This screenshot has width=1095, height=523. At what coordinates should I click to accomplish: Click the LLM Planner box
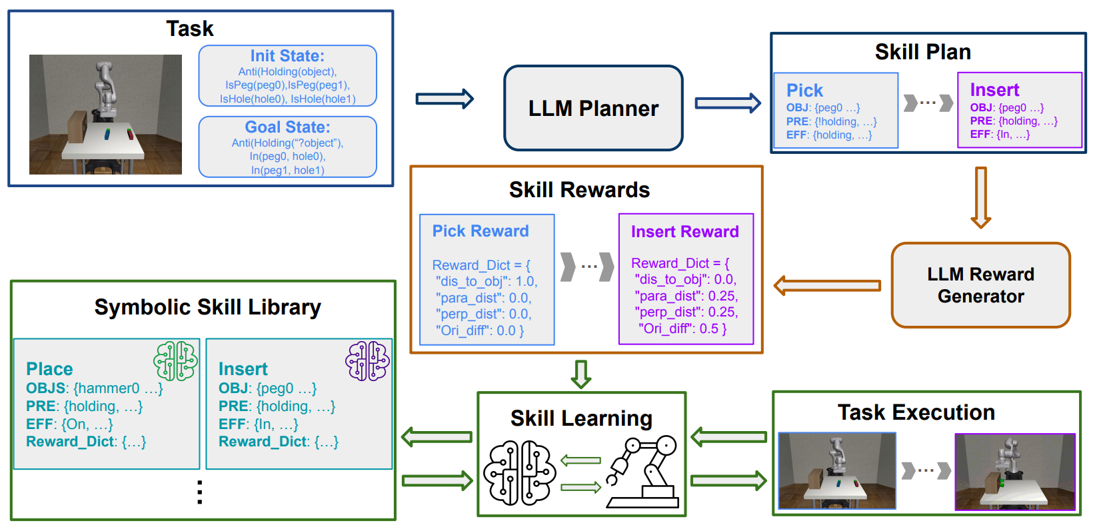pyautogui.click(x=593, y=108)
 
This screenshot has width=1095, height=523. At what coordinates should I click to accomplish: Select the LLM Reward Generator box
pyautogui.click(x=980, y=285)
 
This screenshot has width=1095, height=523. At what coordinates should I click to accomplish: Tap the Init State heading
pyautogui.click(x=287, y=56)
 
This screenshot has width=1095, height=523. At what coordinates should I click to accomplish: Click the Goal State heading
pyautogui.click(x=287, y=127)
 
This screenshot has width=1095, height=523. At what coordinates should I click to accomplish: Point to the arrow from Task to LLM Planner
pyautogui.click(x=445, y=99)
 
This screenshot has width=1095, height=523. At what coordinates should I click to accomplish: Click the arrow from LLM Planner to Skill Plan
pyautogui.click(x=727, y=103)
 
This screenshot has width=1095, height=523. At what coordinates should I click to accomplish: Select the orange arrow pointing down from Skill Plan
pyautogui.click(x=980, y=197)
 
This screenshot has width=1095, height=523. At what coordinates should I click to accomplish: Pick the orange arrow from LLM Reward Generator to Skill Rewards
pyautogui.click(x=826, y=286)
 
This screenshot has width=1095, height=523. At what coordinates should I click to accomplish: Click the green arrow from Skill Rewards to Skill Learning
pyautogui.click(x=581, y=374)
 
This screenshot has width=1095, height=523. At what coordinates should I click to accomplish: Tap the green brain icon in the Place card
pyautogui.click(x=175, y=361)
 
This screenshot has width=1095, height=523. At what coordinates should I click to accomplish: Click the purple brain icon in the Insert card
pyautogui.click(x=367, y=361)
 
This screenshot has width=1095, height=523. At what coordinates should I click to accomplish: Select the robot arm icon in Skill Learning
pyautogui.click(x=642, y=472)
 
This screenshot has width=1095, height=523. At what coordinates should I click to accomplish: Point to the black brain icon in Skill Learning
pyautogui.click(x=519, y=472)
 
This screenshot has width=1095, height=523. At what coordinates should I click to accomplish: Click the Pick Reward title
pyautogui.click(x=481, y=231)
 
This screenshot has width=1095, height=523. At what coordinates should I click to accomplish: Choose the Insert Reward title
pyautogui.click(x=684, y=232)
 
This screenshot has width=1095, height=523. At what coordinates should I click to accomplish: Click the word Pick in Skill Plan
pyautogui.click(x=804, y=91)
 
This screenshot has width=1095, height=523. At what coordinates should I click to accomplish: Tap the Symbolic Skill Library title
pyautogui.click(x=207, y=307)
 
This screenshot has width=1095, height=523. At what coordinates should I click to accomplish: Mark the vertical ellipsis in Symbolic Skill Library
pyautogui.click(x=200, y=492)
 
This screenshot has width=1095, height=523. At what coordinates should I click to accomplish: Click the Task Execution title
pyautogui.click(x=916, y=412)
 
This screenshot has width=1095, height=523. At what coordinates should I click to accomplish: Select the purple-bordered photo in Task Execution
pyautogui.click(x=1015, y=472)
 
